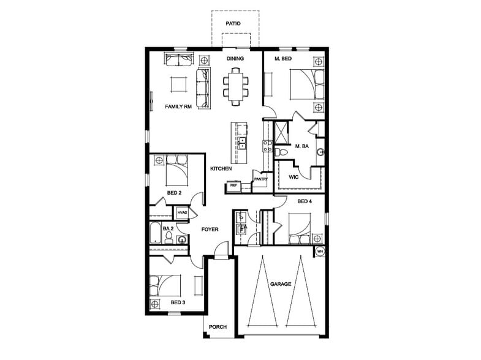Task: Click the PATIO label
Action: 232,23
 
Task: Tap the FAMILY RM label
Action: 179,107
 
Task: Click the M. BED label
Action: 282,59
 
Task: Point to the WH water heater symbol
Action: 320,251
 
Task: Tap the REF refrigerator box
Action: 233,184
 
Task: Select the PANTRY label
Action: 261,179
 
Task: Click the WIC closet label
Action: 294,178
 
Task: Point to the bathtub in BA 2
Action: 155,233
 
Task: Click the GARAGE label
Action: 281,284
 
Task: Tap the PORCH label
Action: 218,327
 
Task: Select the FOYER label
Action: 210,230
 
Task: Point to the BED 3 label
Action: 178,303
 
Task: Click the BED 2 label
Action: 174,193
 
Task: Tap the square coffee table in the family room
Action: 179,84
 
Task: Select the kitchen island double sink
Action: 241,143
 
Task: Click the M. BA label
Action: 301,146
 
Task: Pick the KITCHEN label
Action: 221,168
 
